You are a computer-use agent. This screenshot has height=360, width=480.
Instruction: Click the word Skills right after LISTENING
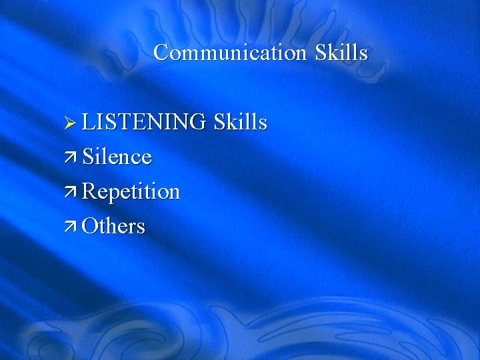point(240,123)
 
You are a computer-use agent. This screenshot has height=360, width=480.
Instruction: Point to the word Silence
point(117,157)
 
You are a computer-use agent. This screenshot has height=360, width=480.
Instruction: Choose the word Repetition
point(131,192)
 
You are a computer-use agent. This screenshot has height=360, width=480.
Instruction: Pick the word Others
point(113,227)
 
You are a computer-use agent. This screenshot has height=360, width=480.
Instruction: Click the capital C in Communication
point(161,53)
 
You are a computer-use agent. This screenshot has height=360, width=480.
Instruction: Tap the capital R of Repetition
point(89,192)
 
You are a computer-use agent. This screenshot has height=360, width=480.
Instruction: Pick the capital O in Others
point(89,227)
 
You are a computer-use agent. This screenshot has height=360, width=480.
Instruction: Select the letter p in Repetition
point(113,194)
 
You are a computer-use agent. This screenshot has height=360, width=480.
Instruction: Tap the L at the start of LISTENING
point(89,123)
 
